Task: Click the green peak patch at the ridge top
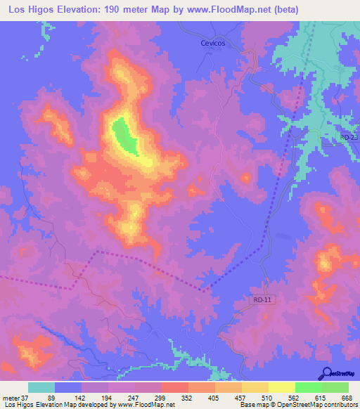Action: [125, 135]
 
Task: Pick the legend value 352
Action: [186, 398]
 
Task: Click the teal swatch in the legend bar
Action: [41, 387]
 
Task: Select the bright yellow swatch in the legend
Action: [282, 387]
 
